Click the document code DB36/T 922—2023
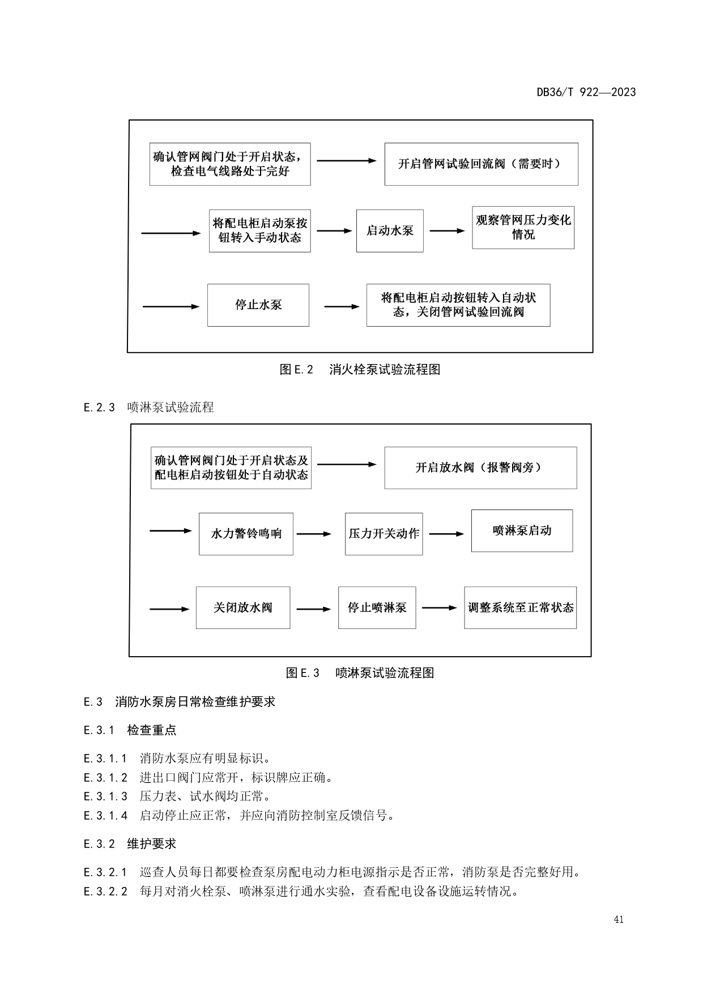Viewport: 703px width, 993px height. tap(586, 92)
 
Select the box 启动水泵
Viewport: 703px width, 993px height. tap(390, 230)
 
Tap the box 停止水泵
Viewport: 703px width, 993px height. tap(258, 305)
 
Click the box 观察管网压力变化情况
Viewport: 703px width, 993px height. tap(523, 228)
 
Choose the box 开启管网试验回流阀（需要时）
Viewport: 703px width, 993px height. tap(481, 164)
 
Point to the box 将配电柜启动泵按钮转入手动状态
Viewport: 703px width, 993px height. tap(259, 231)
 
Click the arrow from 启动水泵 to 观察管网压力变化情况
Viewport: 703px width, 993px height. tap(447, 231)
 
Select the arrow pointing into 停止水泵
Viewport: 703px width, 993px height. tap(171, 307)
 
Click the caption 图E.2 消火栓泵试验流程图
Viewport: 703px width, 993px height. tap(360, 370)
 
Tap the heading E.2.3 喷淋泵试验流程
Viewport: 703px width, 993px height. tap(148, 408)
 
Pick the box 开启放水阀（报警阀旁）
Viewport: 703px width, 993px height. tap(480, 468)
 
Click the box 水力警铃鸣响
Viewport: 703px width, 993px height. tap(246, 534)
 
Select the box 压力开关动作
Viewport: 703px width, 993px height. tap(384, 534)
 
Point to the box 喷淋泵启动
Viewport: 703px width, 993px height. tap(522, 530)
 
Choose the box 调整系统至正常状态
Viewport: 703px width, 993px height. tap(520, 607)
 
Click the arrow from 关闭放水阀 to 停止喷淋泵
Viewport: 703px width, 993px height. tap(313, 609)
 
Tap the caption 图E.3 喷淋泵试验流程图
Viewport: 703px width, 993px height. tap(360, 673)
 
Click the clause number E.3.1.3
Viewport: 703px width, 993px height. tap(105, 797)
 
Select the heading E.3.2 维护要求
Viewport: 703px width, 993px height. tap(130, 844)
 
